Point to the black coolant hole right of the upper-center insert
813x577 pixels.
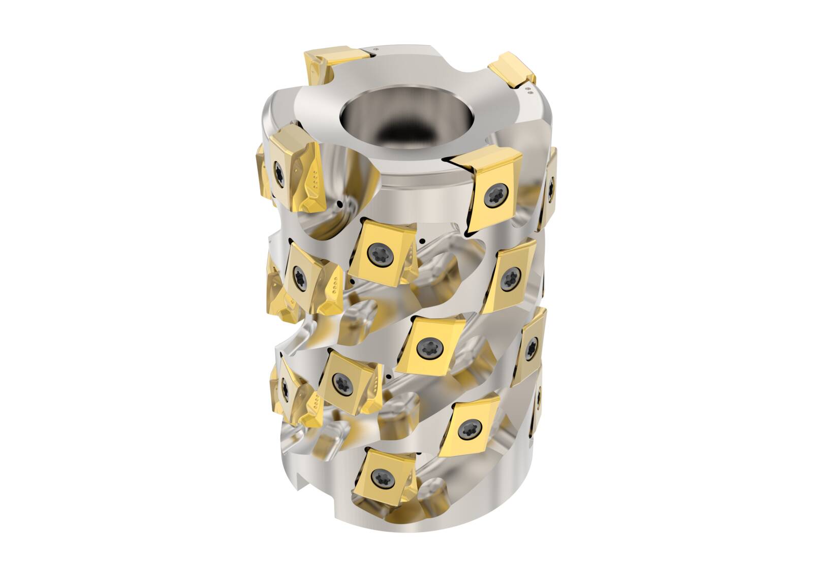[423, 240]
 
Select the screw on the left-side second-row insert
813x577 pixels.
[300, 277]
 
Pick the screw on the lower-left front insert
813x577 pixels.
[339, 380]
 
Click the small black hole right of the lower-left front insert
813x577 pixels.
[388, 376]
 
